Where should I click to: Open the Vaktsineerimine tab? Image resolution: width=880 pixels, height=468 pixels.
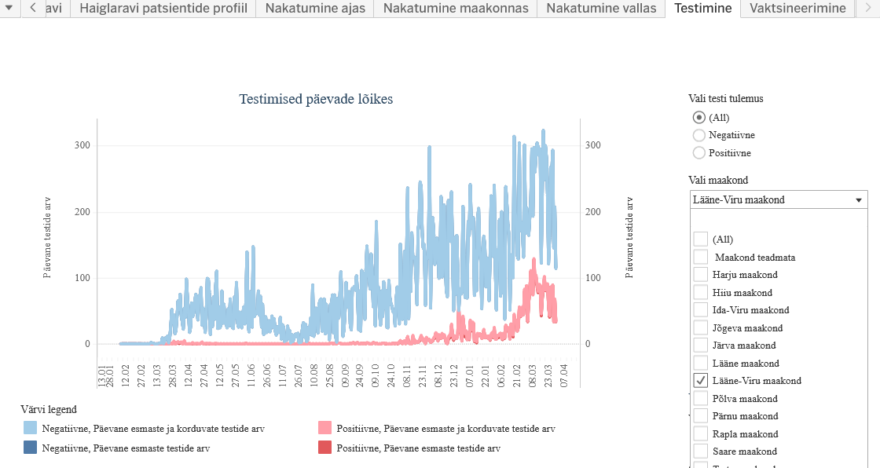point(797,9)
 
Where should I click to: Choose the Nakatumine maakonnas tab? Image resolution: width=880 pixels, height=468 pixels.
point(456,9)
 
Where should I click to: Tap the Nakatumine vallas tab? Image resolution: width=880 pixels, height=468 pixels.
point(601,9)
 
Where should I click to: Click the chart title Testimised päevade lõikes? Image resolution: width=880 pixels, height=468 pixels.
point(316,99)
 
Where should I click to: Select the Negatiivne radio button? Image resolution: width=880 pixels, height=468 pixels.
point(699,135)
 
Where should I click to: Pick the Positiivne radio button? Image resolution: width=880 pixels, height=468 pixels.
point(699,152)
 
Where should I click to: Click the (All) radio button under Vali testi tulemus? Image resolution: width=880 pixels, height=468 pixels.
point(699,118)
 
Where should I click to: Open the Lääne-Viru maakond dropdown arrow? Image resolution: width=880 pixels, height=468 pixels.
point(858,200)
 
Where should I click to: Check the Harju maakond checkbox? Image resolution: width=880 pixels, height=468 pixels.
point(701,274)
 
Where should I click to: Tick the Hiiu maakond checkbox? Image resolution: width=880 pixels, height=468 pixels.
point(701,292)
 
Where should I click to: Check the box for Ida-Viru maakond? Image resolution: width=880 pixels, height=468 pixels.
point(701,309)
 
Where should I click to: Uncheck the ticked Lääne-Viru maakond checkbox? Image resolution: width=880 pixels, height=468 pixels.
point(701,380)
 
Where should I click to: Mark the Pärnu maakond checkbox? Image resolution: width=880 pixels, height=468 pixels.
point(701,415)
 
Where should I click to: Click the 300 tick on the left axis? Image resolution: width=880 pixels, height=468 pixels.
point(82,145)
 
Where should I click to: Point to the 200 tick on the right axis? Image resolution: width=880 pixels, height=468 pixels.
point(593,212)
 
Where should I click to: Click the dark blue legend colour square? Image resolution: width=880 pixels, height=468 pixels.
point(30,448)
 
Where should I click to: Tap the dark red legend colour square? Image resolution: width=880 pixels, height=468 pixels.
point(324,448)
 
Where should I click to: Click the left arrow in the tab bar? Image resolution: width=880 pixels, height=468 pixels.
point(32,9)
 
